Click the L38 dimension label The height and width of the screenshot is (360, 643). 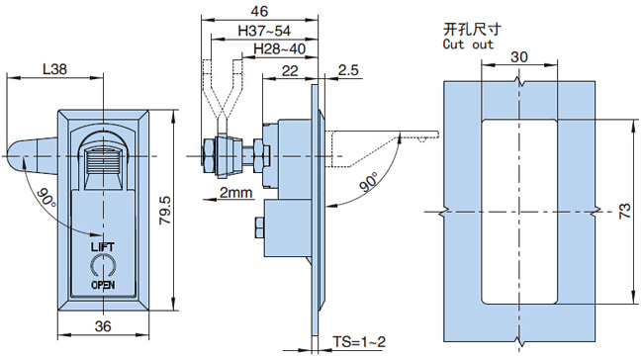click(x=55, y=69)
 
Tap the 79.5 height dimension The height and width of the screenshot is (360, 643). click(x=165, y=210)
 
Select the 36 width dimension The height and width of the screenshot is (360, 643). click(x=103, y=326)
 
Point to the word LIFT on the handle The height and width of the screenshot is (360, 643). click(x=103, y=247)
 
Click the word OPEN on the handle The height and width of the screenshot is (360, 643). click(x=103, y=285)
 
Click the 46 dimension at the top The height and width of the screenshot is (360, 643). click(x=259, y=11)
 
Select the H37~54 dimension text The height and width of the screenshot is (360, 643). click(x=264, y=31)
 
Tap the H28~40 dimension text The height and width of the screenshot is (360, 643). click(x=280, y=48)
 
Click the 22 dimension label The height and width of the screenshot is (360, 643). click(x=290, y=70)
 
